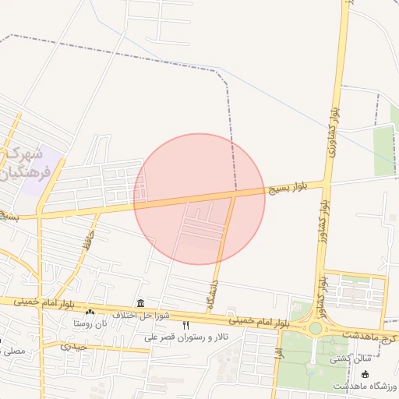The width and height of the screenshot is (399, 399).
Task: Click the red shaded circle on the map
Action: (x=199, y=199)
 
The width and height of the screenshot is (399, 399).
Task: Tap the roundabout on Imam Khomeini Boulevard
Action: (x=316, y=328)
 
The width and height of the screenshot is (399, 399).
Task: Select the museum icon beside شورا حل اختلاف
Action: (x=139, y=303)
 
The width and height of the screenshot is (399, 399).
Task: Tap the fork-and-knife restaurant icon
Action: (x=185, y=325)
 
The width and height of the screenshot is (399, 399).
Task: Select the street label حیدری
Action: (x=74, y=345)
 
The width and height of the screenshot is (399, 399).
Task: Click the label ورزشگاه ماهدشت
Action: (x=365, y=387)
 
